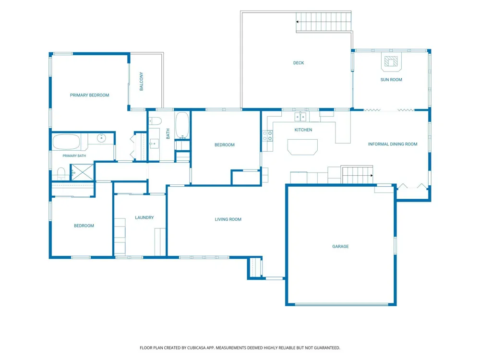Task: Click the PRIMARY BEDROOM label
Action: [x=89, y=95]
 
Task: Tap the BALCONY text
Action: [x=142, y=82]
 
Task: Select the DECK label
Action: [x=299, y=63]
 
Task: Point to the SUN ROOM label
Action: [x=391, y=80]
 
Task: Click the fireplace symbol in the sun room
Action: [x=391, y=61]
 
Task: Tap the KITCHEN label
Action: [x=303, y=130]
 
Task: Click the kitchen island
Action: [x=302, y=147]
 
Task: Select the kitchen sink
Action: [x=300, y=117]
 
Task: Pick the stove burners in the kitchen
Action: [x=267, y=136]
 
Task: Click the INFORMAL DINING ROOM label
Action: [x=393, y=144]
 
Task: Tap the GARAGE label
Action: [x=340, y=246]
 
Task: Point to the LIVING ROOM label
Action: [x=228, y=219]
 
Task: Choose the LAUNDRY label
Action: [x=144, y=217]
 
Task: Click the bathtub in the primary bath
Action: [x=66, y=142]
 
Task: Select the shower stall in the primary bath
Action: [x=83, y=172]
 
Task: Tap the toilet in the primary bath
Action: [x=61, y=174]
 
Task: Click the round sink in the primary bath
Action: [x=101, y=138]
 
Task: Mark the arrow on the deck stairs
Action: [x=297, y=22]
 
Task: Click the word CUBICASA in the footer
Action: [x=196, y=348]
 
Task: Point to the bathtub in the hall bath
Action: [x=182, y=125]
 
